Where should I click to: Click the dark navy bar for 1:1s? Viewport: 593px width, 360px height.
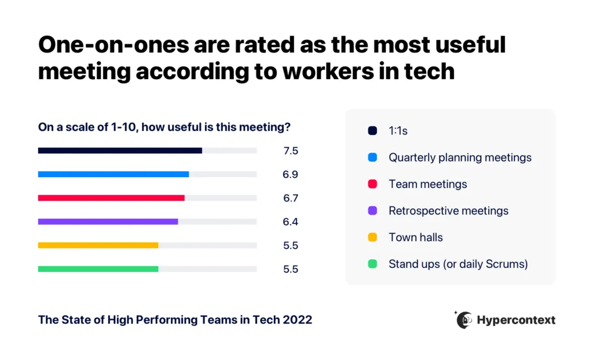click(120, 150)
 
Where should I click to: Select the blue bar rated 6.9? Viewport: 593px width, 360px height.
click(114, 174)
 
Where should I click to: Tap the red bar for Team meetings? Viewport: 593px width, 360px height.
click(111, 198)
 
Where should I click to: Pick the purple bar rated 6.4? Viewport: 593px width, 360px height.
click(108, 222)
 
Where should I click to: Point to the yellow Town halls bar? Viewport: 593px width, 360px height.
click(98, 245)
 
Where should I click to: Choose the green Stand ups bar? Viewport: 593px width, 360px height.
click(98, 269)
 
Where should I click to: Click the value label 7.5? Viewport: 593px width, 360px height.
click(291, 151)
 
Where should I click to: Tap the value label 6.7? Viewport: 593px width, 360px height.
click(291, 198)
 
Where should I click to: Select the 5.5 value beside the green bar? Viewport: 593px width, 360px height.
click(291, 269)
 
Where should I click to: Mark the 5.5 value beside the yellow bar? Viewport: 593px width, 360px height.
click(291, 245)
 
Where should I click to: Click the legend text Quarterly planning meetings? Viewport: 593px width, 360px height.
click(460, 157)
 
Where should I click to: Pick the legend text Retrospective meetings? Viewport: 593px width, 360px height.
click(448, 211)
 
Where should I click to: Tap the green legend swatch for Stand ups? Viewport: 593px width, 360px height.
click(372, 264)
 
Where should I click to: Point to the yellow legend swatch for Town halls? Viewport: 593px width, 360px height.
click(372, 237)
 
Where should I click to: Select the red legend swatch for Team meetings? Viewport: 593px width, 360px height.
click(372, 184)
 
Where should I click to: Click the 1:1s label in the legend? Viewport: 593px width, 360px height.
click(398, 131)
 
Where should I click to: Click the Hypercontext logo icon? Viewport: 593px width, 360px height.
click(463, 319)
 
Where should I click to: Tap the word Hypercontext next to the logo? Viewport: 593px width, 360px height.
click(516, 320)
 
